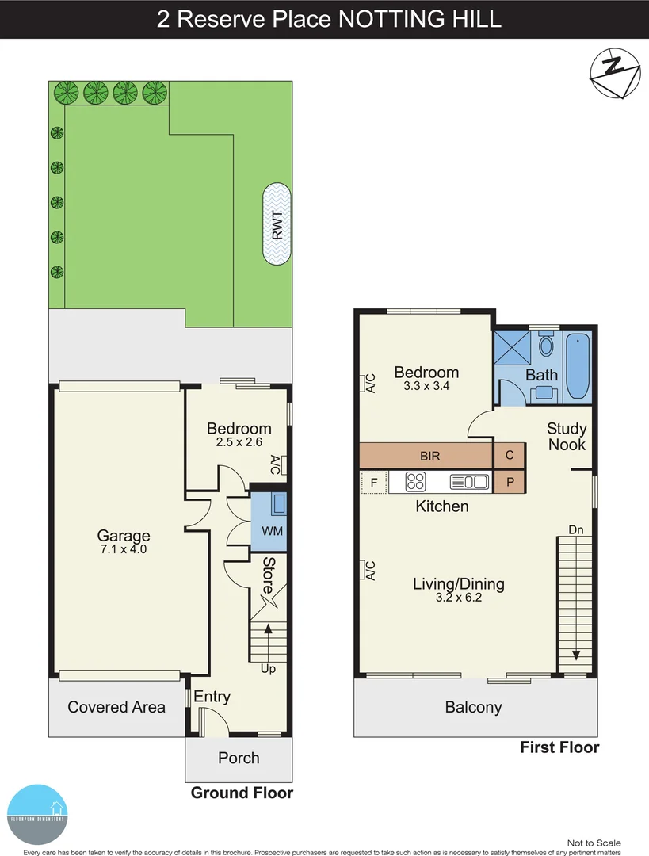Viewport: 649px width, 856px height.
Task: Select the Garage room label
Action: point(124,536)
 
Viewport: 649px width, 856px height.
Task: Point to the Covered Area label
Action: point(116,707)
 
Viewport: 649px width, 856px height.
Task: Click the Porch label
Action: point(239,758)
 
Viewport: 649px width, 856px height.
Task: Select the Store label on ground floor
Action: point(268,576)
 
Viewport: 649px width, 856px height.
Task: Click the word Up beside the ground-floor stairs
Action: point(269,669)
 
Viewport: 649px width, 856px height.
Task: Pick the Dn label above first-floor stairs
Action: point(576,529)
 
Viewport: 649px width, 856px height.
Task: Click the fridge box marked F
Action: point(374,481)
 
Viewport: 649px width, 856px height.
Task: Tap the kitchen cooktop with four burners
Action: point(417,481)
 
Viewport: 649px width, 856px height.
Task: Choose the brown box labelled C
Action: point(509,456)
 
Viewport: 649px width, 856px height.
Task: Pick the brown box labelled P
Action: point(509,481)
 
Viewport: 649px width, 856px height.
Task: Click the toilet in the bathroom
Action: point(546,345)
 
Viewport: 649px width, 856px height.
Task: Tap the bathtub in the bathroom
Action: point(578,367)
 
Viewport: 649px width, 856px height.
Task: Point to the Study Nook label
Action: point(567,437)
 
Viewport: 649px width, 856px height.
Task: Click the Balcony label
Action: point(473,708)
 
